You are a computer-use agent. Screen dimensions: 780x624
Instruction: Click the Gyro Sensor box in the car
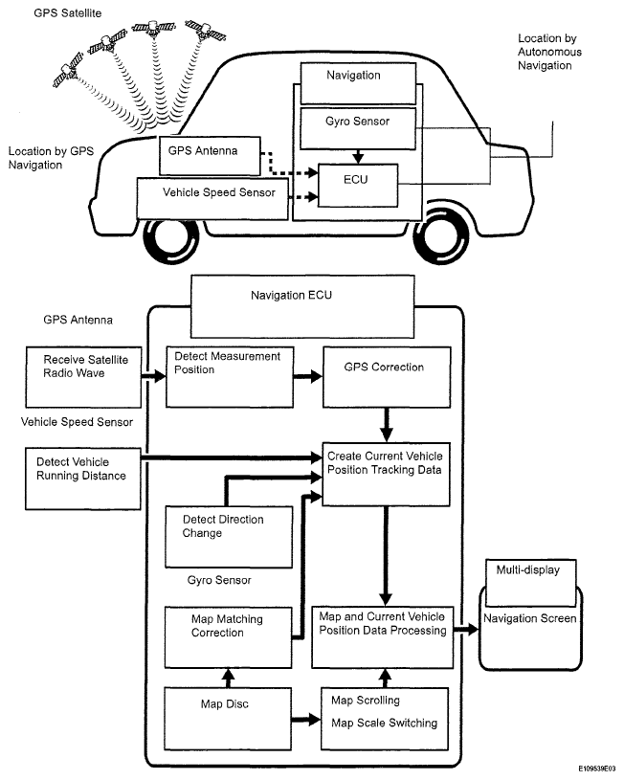[x=357, y=123]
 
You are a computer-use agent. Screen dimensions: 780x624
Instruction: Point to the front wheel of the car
[x=173, y=239]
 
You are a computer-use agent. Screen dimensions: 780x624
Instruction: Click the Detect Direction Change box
[x=224, y=534]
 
